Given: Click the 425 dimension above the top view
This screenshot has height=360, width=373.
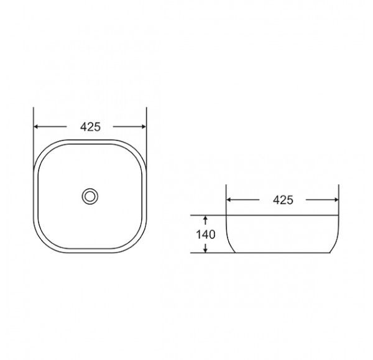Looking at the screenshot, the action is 90,127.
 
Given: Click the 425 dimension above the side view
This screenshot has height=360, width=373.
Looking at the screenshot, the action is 283,200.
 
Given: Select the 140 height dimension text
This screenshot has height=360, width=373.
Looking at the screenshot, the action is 206,234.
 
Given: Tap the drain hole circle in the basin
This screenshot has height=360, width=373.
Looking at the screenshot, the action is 90,196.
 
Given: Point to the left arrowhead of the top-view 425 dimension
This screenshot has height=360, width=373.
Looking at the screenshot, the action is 36,127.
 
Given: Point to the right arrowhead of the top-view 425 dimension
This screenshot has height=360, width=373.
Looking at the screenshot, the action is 144,127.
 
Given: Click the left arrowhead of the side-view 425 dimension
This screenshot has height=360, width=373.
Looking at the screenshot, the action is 229,200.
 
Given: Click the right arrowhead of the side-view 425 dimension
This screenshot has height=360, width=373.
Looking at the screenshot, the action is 336,200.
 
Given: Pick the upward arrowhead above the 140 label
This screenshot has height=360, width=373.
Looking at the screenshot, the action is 206,218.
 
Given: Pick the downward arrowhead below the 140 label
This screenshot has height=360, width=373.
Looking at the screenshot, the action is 206,250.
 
